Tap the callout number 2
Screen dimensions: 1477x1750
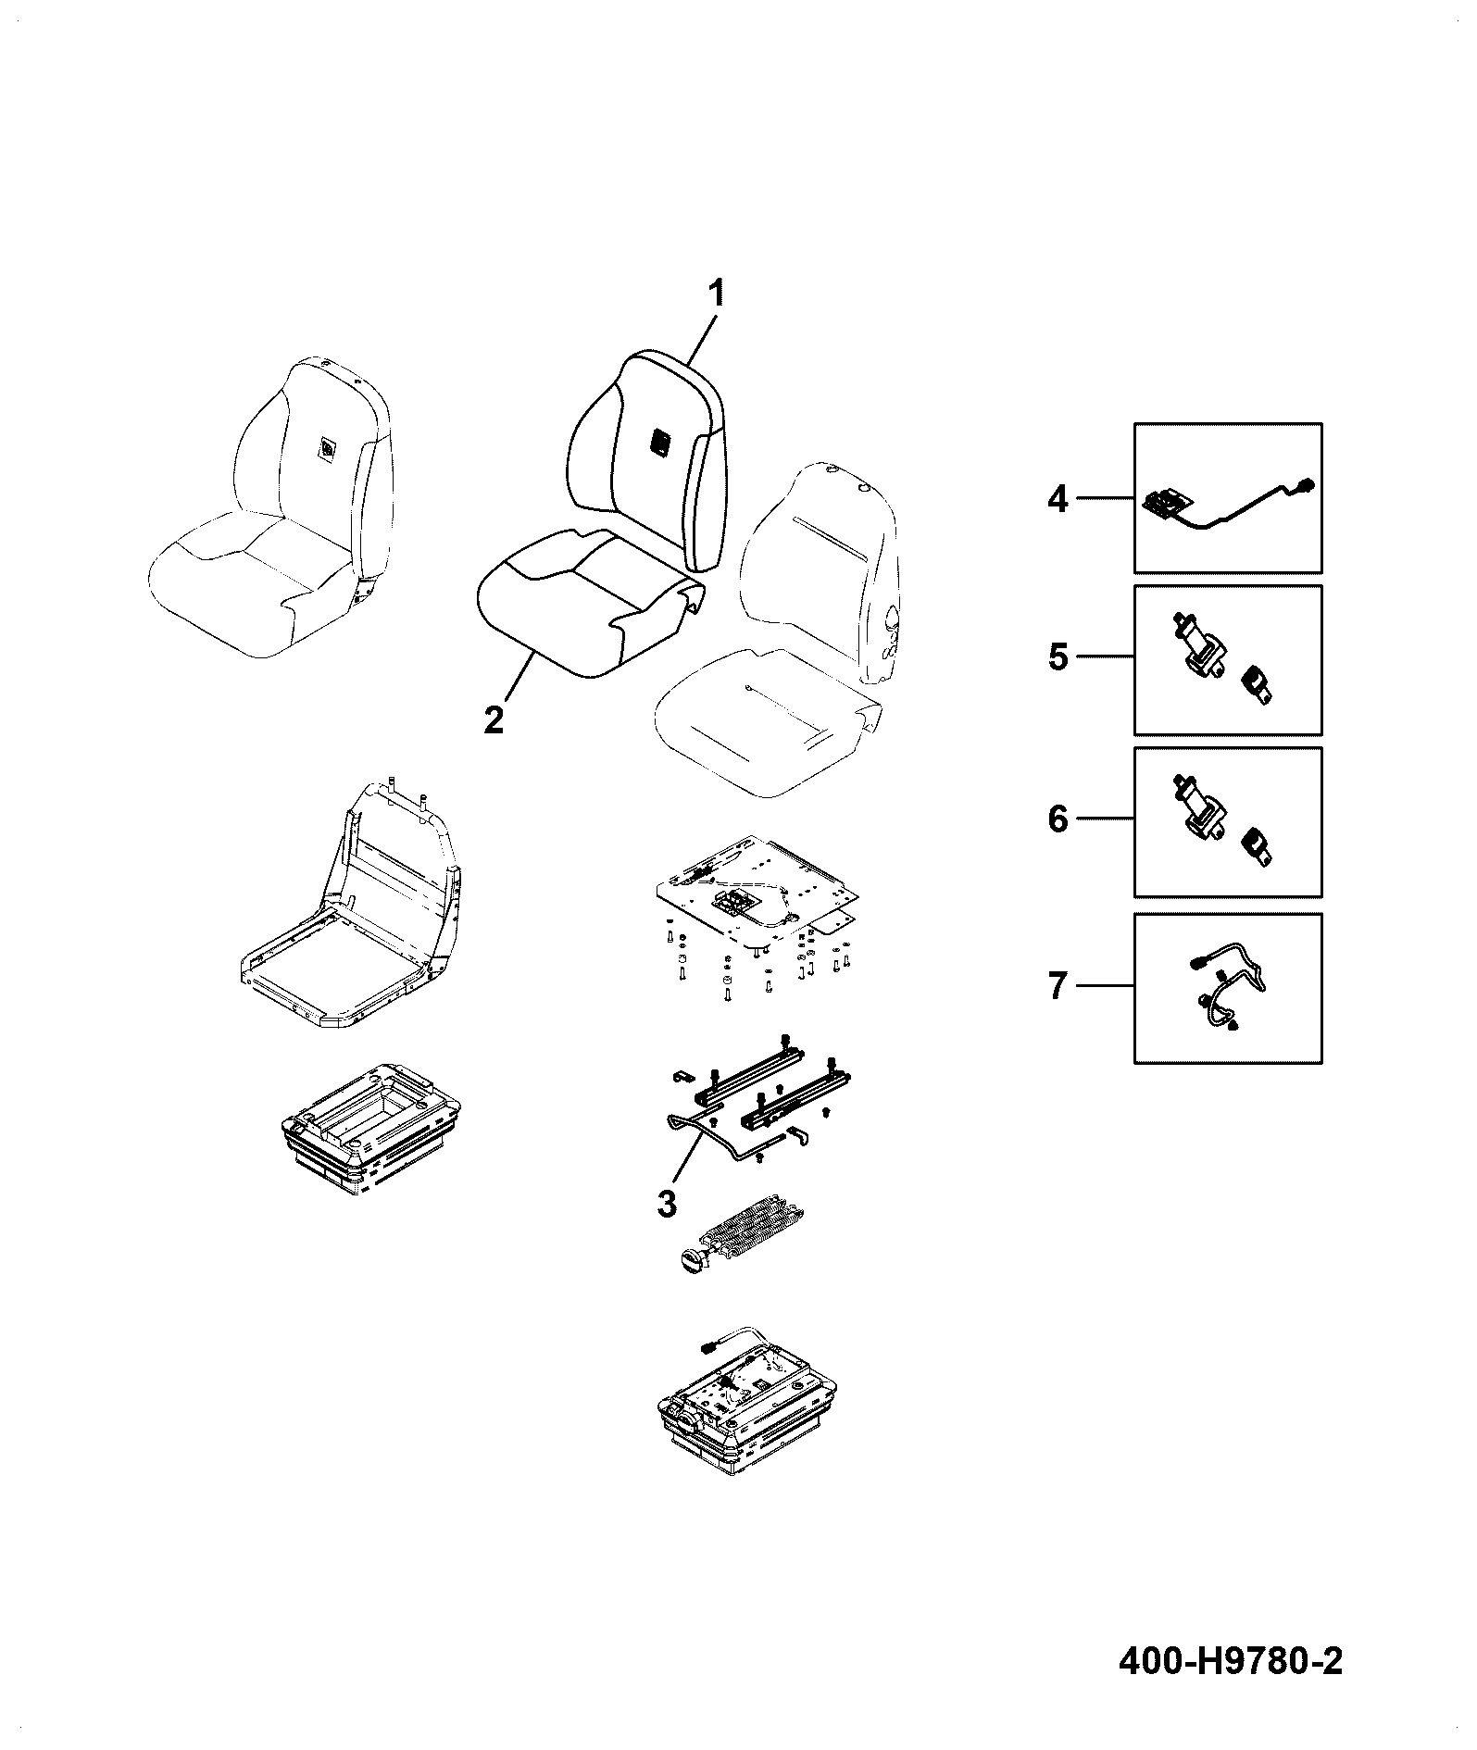(494, 719)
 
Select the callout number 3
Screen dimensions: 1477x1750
(666, 1205)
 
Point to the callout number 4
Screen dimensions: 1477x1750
(1058, 499)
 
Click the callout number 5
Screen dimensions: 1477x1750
(1058, 657)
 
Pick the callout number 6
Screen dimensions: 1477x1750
(1058, 819)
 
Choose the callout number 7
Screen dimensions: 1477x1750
(1058, 986)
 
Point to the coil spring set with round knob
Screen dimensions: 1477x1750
(740, 1238)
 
